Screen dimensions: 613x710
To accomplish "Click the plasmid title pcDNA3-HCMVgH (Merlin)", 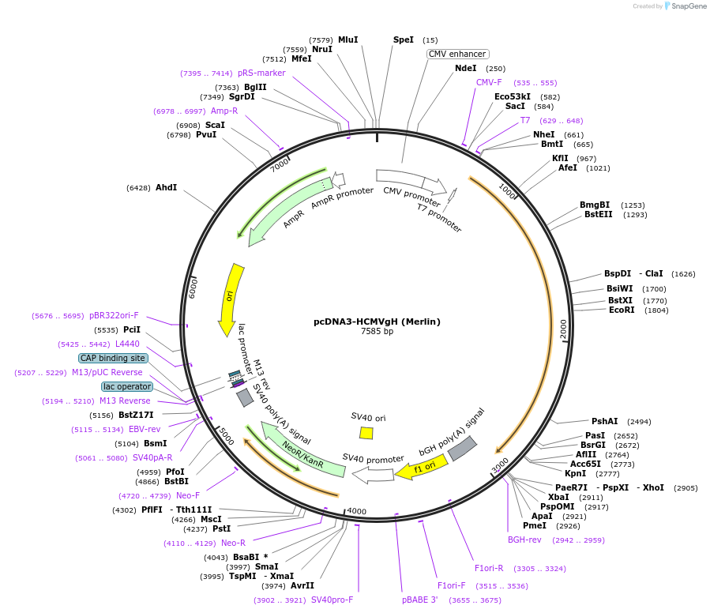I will (377, 322).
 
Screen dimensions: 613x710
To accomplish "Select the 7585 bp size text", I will (377, 332).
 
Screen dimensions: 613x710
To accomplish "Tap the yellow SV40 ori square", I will (366, 433).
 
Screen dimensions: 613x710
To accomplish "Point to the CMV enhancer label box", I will (457, 54).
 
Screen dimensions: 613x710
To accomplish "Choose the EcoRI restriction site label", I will (622, 310).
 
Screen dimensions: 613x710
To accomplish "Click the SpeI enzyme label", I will (403, 39).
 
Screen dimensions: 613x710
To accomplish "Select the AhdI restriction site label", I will (166, 188).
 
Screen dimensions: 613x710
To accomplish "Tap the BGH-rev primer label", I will (524, 540).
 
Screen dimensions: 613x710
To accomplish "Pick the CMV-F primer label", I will (489, 82).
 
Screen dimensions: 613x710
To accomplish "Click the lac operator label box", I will (126, 386).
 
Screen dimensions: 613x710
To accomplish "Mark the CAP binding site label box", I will (113, 358).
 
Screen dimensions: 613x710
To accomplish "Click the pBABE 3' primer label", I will (419, 600).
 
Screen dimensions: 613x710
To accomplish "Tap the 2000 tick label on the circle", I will (563, 329).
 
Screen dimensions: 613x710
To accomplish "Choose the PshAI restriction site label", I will (605, 421).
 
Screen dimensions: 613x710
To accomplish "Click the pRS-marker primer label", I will (261, 73).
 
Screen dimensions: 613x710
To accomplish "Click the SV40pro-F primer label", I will (332, 600).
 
